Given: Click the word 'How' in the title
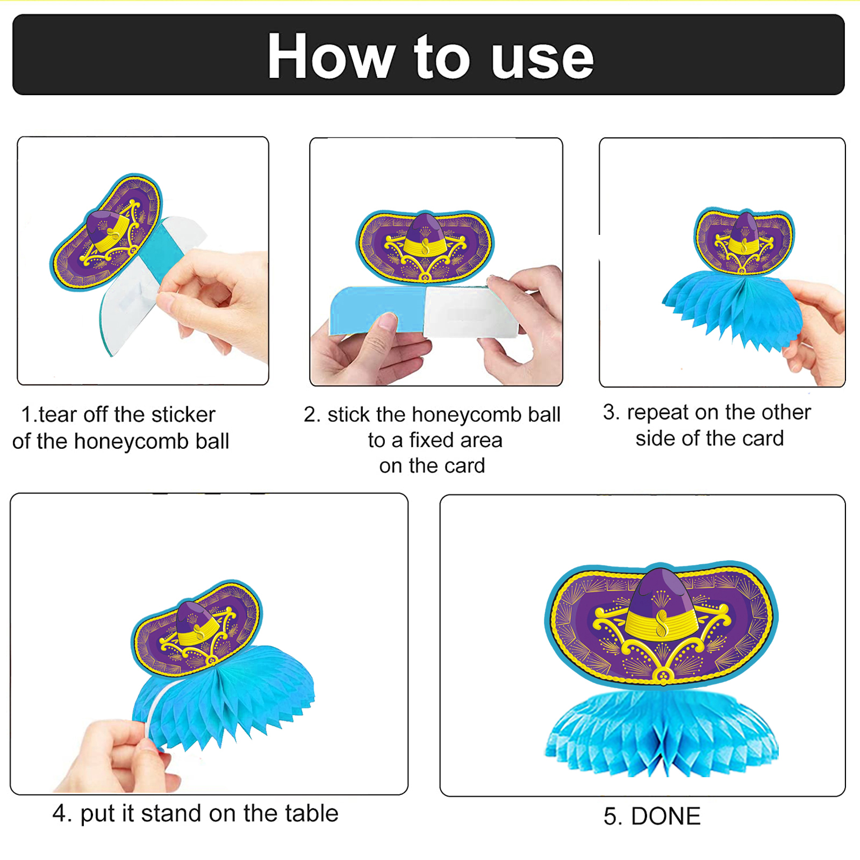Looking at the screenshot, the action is click(331, 56).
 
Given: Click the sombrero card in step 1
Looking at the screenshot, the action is click(106, 232).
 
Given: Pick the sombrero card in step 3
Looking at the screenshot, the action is click(744, 241).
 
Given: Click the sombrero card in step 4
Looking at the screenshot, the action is click(197, 627).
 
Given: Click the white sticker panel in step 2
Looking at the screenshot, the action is click(471, 312).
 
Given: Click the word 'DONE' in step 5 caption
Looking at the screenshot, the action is click(665, 816).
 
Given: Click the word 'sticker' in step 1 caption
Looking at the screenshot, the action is click(183, 414).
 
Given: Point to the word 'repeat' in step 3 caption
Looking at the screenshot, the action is click(657, 413).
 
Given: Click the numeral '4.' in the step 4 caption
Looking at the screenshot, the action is click(62, 813).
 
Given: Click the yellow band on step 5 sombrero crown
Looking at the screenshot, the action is click(662, 622).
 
